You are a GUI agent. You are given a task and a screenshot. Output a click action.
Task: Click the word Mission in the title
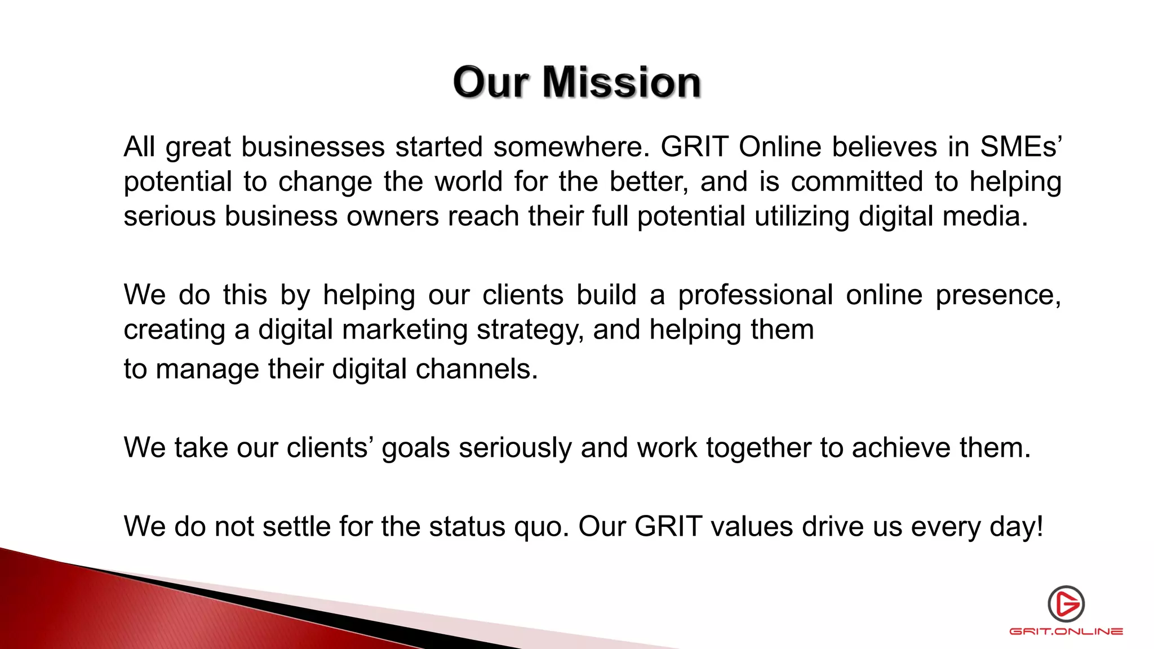coord(622,82)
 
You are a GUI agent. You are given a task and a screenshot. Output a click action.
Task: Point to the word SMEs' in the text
coord(1020,147)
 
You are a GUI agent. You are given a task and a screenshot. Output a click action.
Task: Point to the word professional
coord(755,295)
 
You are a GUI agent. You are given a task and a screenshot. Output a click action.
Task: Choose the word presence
coord(998,295)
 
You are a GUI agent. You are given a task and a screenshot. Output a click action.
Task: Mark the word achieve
coord(901,448)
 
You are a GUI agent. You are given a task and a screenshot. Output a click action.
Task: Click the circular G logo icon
coord(1066,603)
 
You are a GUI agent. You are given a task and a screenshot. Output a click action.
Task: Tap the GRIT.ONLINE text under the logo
coord(1066,632)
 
